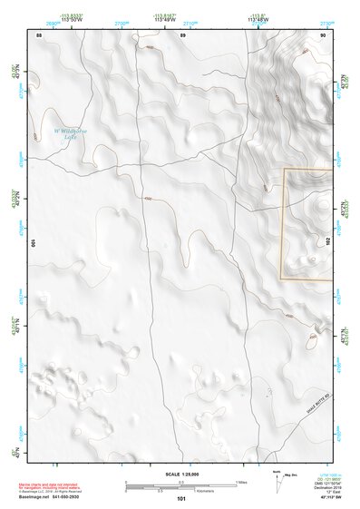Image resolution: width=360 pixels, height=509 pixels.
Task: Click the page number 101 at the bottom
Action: (182, 498)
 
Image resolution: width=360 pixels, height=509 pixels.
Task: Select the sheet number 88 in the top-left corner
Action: (38, 34)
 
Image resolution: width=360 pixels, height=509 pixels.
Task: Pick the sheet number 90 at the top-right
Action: (323, 34)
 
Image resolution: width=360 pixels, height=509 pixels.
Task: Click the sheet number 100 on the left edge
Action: (34, 244)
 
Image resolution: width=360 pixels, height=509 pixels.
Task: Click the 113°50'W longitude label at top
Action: (73, 18)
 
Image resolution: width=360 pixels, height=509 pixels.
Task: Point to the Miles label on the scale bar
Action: (241, 481)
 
